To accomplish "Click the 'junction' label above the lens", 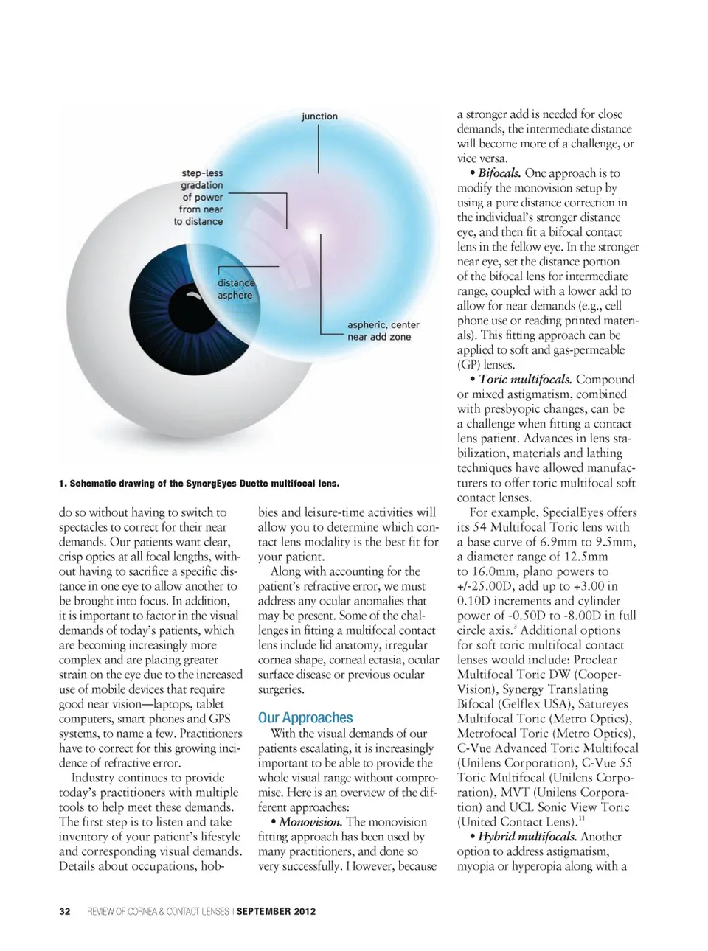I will (x=319, y=116).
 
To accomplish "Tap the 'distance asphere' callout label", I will (x=235, y=289).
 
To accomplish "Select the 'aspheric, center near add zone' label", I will (x=383, y=331).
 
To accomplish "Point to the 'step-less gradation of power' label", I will (x=199, y=197).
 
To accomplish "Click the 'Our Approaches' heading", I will (x=305, y=717).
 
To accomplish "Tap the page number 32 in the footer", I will (x=65, y=911).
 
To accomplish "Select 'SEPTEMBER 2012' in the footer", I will (x=276, y=911).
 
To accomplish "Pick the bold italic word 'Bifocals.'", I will (x=500, y=173).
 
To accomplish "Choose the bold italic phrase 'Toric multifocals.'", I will (x=525, y=380).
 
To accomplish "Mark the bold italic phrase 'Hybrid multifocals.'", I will (x=527, y=837).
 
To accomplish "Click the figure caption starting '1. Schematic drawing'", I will (x=199, y=484).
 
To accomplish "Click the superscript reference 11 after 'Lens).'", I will (x=582, y=818).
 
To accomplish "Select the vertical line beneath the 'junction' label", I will (x=319, y=147).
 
